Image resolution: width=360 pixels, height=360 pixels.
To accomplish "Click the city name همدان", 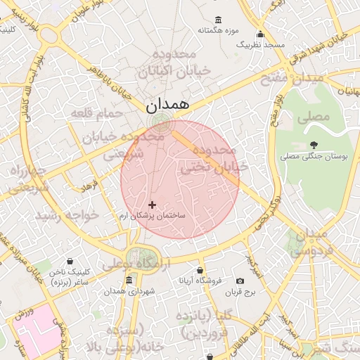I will coord(167,103).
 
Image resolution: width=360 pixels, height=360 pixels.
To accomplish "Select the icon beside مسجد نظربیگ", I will coord(261,34).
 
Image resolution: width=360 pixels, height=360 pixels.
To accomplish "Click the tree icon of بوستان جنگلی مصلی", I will coord(313,143).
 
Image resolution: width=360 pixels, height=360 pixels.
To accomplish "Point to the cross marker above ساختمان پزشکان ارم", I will coord(152,205).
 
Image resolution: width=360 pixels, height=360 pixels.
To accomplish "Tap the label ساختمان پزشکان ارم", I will coord(152,215).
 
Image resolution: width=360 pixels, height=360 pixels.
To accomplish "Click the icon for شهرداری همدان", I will coord(129,281).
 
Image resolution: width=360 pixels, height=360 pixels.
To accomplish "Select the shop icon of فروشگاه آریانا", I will coord(200,269).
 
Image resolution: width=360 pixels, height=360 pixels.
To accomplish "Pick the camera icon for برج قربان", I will coord(240,281).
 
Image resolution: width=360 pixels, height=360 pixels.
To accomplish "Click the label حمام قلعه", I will coord(97,112).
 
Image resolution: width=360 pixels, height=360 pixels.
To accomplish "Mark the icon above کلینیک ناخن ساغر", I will coord(70,261).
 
